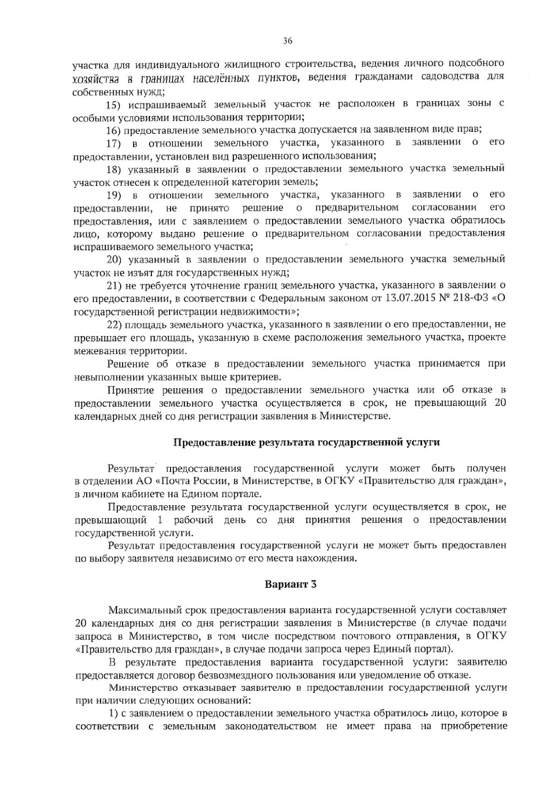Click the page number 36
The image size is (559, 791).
pos(287,41)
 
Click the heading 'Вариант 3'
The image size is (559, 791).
pos(291,584)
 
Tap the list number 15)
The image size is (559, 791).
pos(115,103)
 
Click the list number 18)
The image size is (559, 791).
pos(115,168)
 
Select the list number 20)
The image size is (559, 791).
pos(115,259)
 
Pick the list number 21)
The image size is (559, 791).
pos(115,285)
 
